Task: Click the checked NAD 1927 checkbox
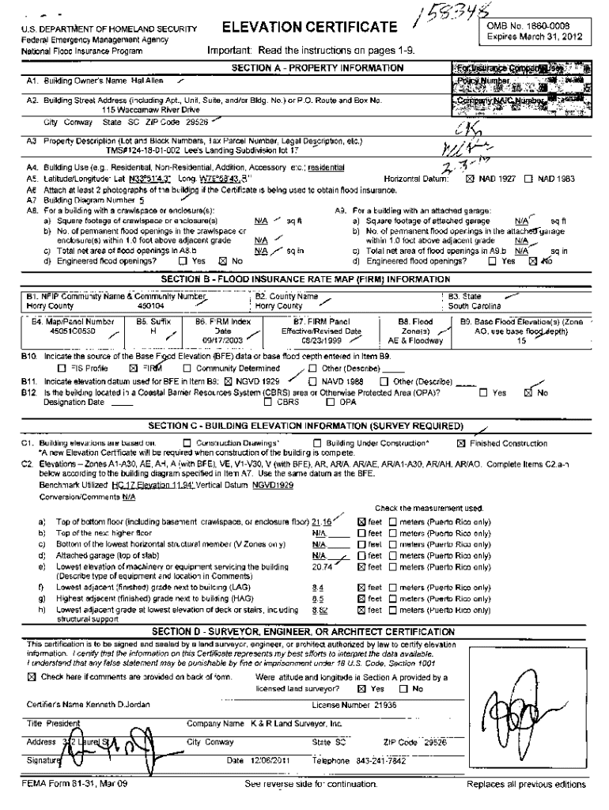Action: [x=472, y=180]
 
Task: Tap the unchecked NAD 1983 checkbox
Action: [x=528, y=180]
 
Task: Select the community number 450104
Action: [x=151, y=306]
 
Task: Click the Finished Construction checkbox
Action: [x=462, y=444]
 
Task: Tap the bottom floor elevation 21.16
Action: [x=322, y=524]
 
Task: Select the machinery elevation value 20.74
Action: [x=322, y=566]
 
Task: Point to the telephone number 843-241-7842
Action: [x=380, y=761]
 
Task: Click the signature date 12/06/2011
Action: [x=265, y=761]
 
